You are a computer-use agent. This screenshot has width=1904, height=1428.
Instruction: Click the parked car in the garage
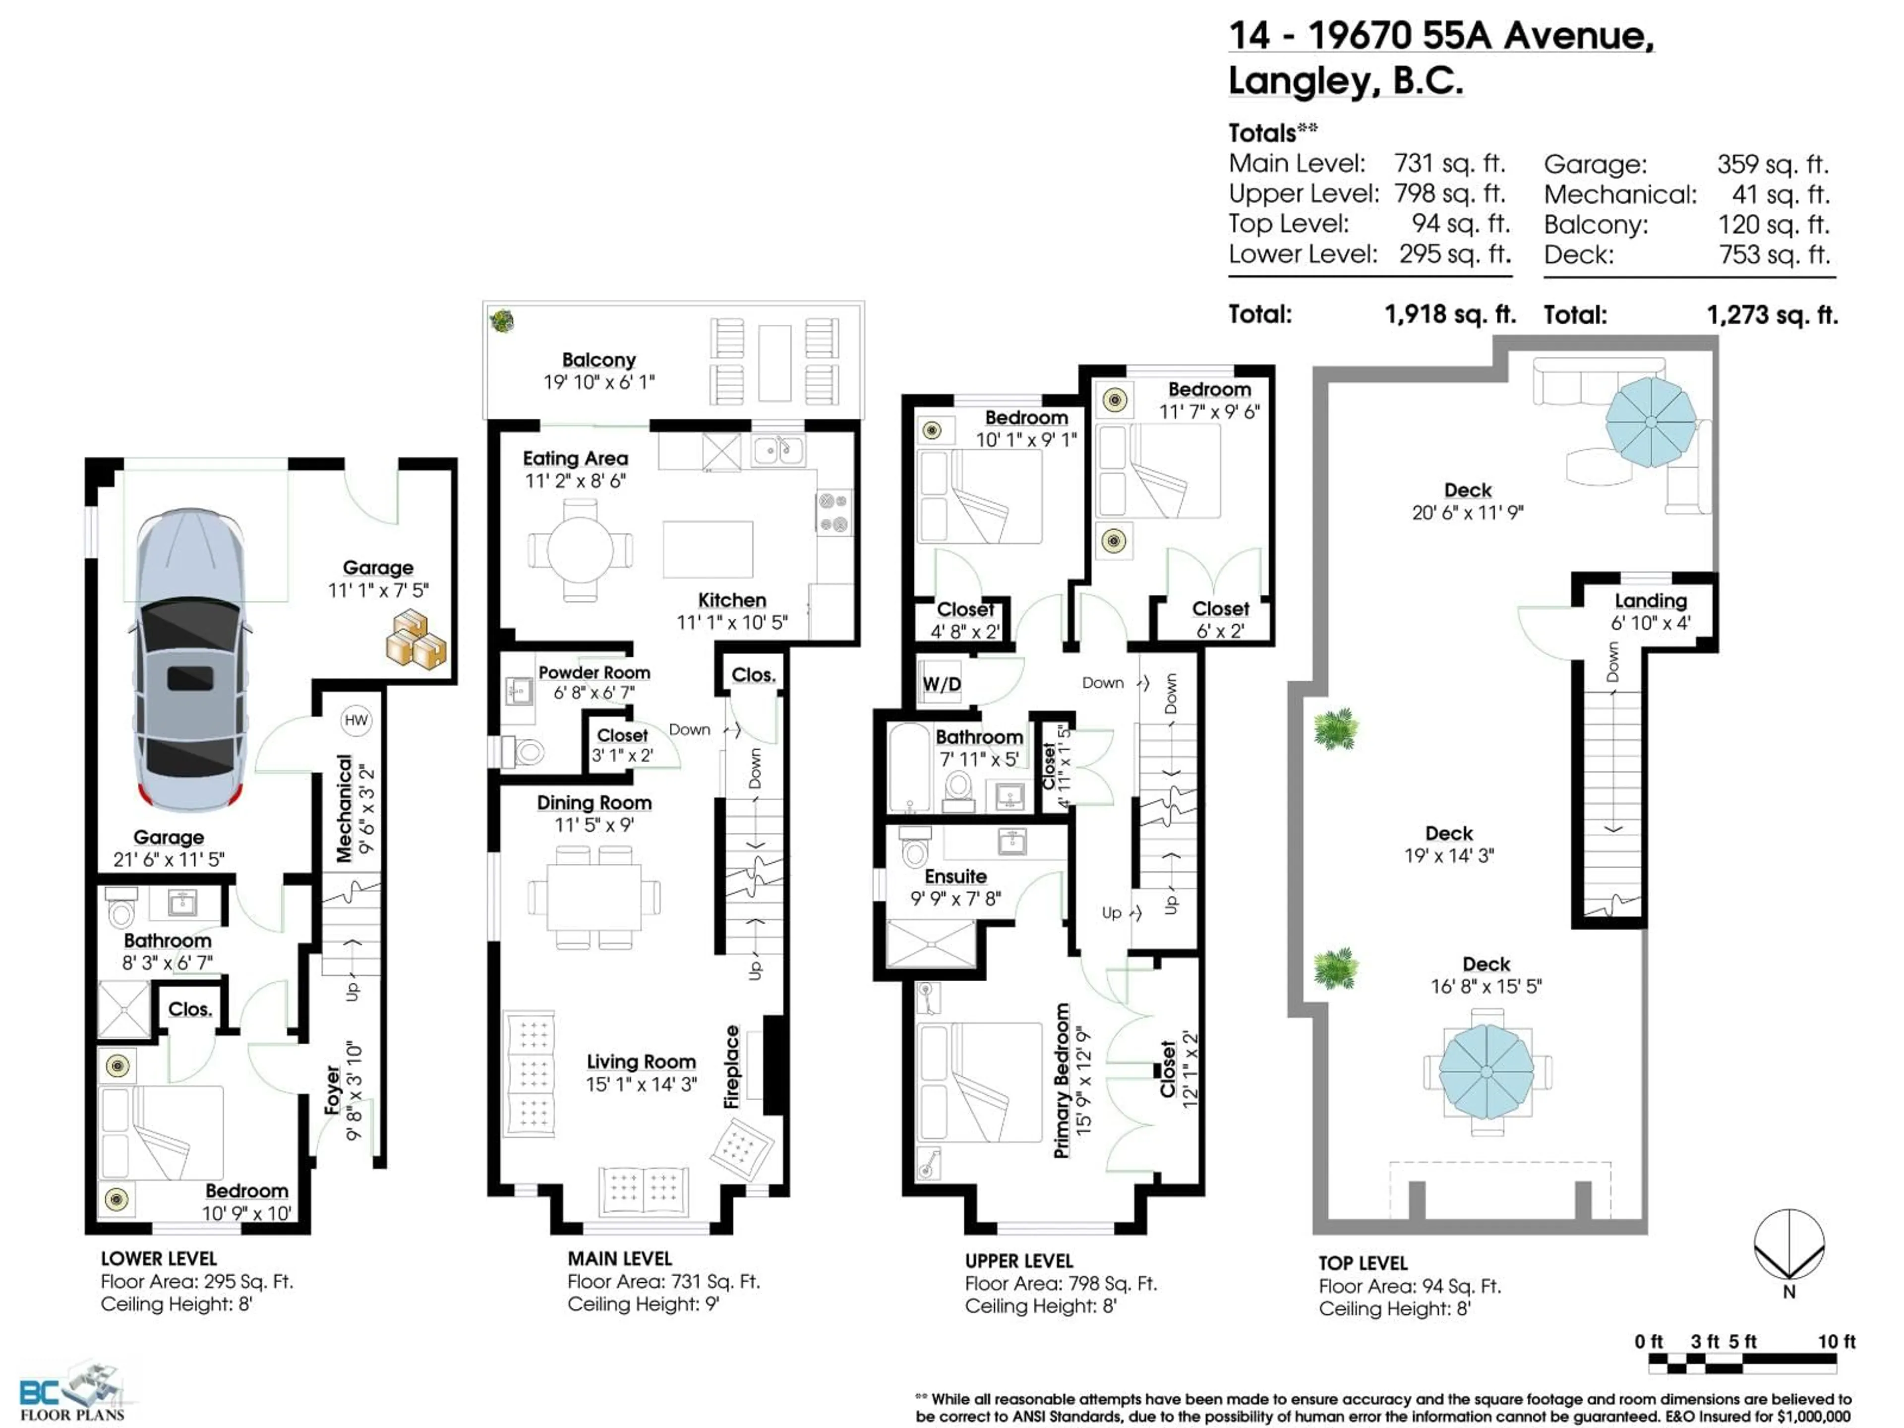(x=190, y=658)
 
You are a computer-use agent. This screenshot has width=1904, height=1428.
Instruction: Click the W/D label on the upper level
(x=942, y=684)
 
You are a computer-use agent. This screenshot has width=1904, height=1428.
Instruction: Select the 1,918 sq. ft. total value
(x=1449, y=314)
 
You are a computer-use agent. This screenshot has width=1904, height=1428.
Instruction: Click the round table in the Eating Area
(x=580, y=549)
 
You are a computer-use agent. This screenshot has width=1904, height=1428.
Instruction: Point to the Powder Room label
(x=594, y=672)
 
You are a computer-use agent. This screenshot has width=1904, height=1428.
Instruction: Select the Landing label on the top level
(x=1650, y=601)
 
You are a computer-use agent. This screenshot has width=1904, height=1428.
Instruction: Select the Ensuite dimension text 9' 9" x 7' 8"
(x=955, y=898)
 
